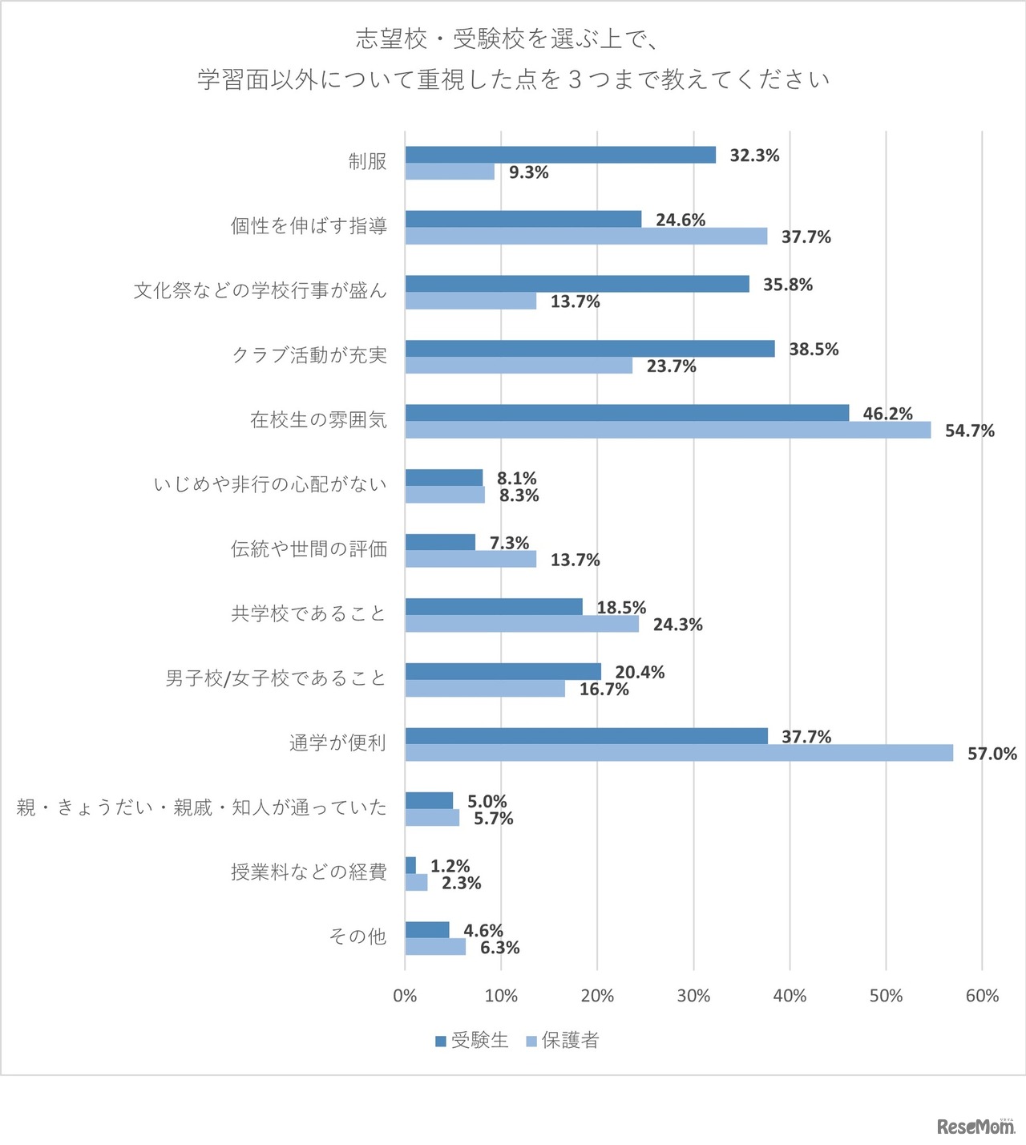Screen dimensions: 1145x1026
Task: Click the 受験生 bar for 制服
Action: [560, 156]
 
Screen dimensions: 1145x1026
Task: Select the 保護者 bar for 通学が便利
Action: [679, 753]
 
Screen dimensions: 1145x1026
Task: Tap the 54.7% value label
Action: [969, 431]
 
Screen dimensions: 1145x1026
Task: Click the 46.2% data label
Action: [887, 414]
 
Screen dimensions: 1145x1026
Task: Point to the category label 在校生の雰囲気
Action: [318, 420]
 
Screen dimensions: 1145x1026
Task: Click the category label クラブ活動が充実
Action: [309, 355]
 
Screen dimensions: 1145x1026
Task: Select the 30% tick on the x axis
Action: [693, 996]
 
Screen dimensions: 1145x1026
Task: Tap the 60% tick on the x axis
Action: [982, 996]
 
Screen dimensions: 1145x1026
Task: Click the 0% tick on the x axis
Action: [405, 996]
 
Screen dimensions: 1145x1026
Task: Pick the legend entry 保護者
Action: [563, 1041]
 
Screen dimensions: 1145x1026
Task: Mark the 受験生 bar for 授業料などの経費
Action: [410, 865]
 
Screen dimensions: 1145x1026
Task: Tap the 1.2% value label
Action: [450, 866]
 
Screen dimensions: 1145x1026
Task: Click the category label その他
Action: [357, 937]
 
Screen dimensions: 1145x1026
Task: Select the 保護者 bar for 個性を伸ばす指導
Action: [586, 237]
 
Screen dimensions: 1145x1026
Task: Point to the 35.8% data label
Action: [787, 285]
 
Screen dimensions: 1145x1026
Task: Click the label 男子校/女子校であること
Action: [276, 678]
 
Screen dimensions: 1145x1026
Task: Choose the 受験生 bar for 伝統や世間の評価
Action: [440, 543]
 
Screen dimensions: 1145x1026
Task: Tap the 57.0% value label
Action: [992, 754]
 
